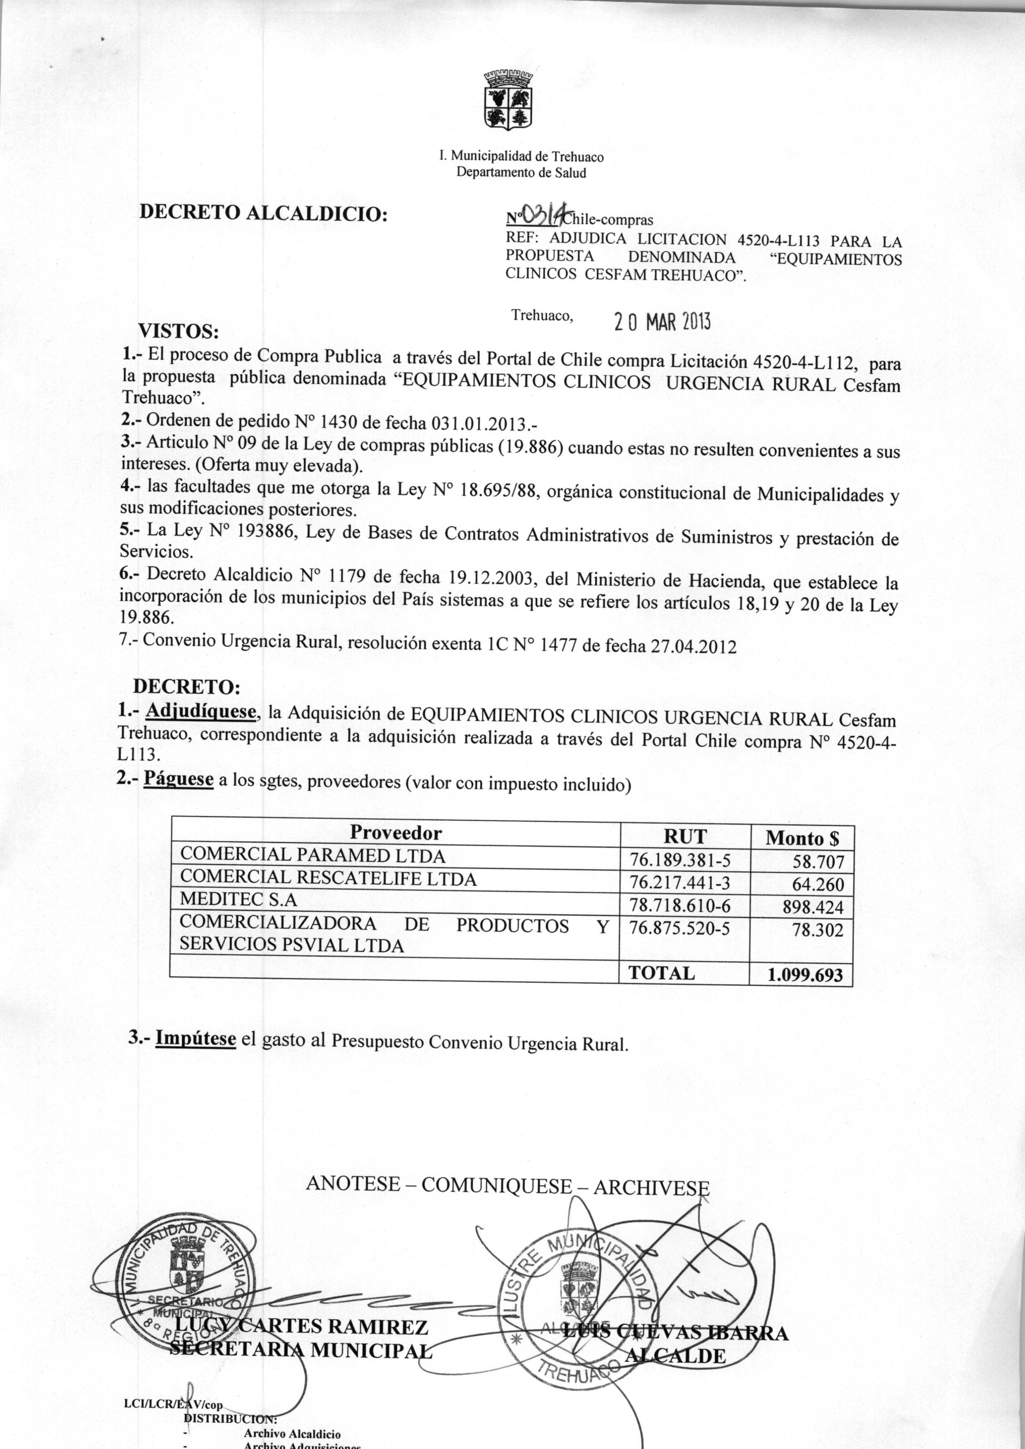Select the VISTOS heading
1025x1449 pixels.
179,331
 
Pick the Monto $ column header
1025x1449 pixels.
801,839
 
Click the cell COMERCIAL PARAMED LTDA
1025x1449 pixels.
312,856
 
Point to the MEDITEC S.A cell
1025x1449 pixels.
238,899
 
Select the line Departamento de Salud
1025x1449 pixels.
521,172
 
